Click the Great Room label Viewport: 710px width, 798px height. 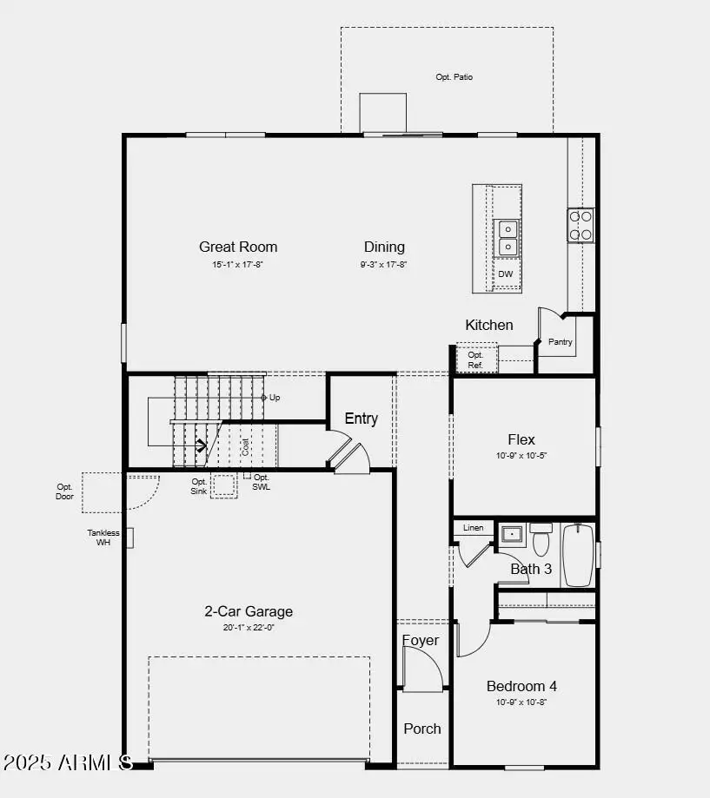238,247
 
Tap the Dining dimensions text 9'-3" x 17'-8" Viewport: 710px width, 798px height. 384,265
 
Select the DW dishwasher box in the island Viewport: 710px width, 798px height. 506,274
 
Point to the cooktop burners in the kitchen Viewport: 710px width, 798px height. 581,224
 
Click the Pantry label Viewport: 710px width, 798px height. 561,342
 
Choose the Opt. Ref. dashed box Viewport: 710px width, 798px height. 476,359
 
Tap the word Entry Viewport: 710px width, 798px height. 361,419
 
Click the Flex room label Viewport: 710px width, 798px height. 521,439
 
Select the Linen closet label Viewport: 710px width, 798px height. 474,528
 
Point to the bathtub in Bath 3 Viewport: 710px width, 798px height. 577,555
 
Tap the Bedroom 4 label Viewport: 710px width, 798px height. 521,686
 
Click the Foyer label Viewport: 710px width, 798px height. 421,641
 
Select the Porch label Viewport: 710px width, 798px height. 422,729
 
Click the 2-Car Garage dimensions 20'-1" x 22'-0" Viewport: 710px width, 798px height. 249,627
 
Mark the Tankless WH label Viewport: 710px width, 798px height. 103,537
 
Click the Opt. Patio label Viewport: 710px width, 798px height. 454,77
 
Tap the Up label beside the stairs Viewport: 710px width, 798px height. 275,398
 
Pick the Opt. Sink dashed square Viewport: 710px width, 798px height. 224,485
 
